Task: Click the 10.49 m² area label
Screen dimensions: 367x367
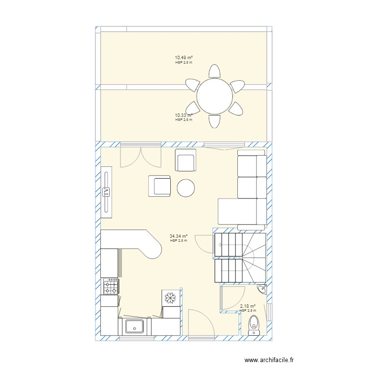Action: (184, 58)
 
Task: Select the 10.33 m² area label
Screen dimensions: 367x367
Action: (183, 115)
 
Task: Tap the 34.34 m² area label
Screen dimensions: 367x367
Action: (179, 236)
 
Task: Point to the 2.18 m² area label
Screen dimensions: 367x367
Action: (248, 306)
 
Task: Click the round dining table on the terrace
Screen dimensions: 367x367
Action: (214, 96)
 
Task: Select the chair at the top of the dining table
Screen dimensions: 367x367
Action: (214, 71)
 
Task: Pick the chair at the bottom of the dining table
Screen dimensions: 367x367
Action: (214, 121)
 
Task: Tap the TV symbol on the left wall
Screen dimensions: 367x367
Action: (107, 191)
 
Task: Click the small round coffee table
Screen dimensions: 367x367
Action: (186, 188)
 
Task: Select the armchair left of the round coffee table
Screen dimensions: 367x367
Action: (160, 186)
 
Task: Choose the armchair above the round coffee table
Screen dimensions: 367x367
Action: (185, 161)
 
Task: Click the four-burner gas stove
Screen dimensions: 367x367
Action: (110, 286)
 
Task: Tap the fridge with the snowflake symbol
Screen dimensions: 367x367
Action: (171, 298)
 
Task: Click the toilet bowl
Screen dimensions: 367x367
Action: (253, 323)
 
